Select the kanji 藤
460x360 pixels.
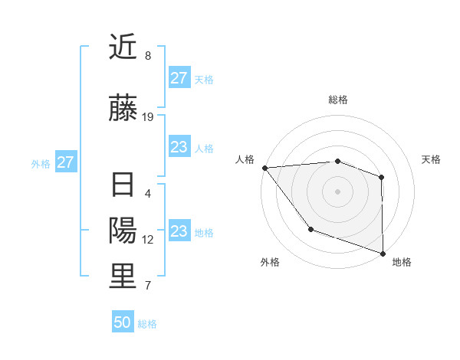[123, 108]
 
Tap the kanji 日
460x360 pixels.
[123, 185]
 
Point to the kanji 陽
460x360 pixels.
[123, 231]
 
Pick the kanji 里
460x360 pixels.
[123, 277]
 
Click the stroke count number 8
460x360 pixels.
[148, 56]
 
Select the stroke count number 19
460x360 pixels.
[148, 117]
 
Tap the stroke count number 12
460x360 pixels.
[148, 240]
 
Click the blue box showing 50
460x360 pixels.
[123, 322]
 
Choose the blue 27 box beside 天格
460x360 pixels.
[179, 78]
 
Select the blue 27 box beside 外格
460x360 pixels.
[65, 162]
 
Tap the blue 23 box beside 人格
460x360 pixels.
[179, 147]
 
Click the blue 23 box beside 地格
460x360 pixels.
[179, 231]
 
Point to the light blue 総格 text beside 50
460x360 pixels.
[147, 324]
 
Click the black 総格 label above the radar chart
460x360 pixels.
[337, 100]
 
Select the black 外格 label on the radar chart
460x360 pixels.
[270, 263]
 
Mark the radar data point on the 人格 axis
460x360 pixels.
[264, 168]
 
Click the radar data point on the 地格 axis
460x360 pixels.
[383, 252]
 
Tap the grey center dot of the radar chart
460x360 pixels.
[337, 191]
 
